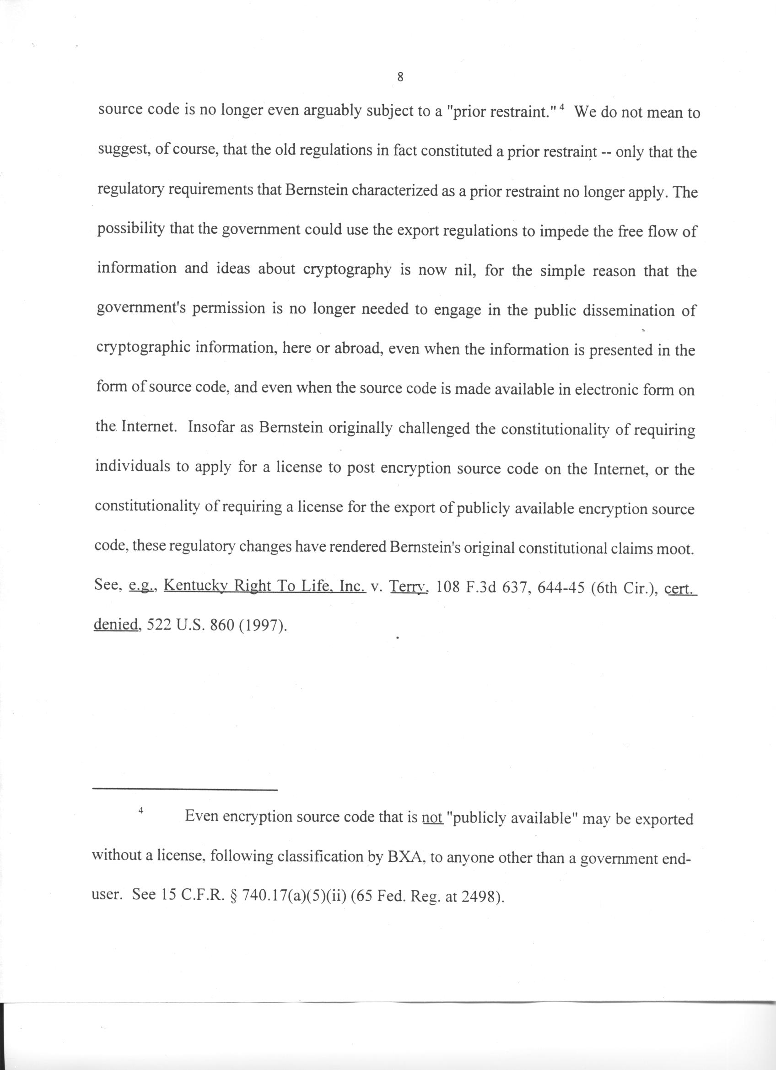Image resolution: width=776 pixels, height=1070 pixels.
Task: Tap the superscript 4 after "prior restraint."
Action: coord(561,108)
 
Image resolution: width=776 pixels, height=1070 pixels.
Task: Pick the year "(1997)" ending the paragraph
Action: coord(263,626)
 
